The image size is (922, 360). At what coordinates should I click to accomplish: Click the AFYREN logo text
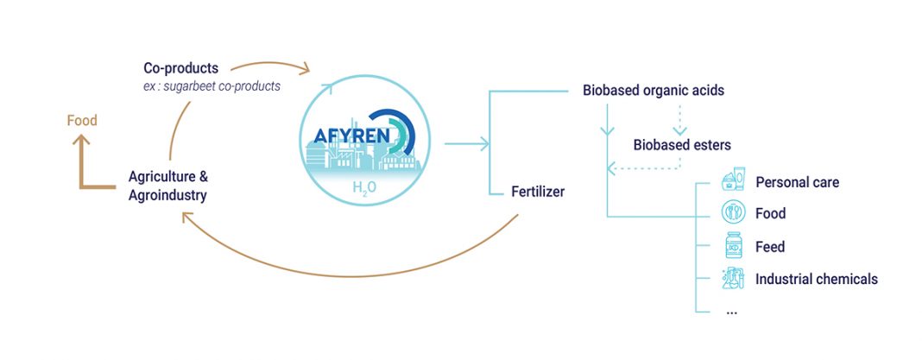pyautogui.click(x=351, y=136)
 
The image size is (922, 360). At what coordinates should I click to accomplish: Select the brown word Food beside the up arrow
pyautogui.click(x=82, y=121)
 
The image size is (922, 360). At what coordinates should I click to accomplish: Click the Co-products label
pyautogui.click(x=180, y=68)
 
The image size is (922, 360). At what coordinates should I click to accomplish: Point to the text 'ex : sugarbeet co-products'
pyautogui.click(x=207, y=85)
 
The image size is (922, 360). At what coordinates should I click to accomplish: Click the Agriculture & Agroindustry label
pyautogui.click(x=168, y=186)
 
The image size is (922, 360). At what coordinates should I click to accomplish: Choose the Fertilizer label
pyautogui.click(x=538, y=192)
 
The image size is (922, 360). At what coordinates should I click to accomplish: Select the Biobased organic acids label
pyautogui.click(x=654, y=91)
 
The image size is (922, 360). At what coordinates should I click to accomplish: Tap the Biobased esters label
pyautogui.click(x=682, y=144)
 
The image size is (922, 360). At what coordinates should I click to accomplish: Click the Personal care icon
pyautogui.click(x=733, y=180)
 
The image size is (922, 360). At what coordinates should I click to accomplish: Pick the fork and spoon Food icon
pyautogui.click(x=733, y=212)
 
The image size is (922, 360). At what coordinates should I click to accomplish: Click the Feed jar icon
pyautogui.click(x=733, y=245)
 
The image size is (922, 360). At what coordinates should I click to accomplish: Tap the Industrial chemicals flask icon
pyautogui.click(x=733, y=278)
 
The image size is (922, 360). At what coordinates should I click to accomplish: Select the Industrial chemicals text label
pyautogui.click(x=817, y=278)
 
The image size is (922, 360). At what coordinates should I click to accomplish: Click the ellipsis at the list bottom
pyautogui.click(x=731, y=313)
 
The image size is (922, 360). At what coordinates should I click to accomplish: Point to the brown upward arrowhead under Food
pyautogui.click(x=81, y=140)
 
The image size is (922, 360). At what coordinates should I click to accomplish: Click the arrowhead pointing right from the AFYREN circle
pyautogui.click(x=484, y=143)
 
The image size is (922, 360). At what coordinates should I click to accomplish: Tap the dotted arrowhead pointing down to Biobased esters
pyautogui.click(x=679, y=130)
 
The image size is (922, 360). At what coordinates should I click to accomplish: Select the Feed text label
pyautogui.click(x=770, y=246)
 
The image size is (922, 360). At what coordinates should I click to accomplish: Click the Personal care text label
pyautogui.click(x=798, y=182)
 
